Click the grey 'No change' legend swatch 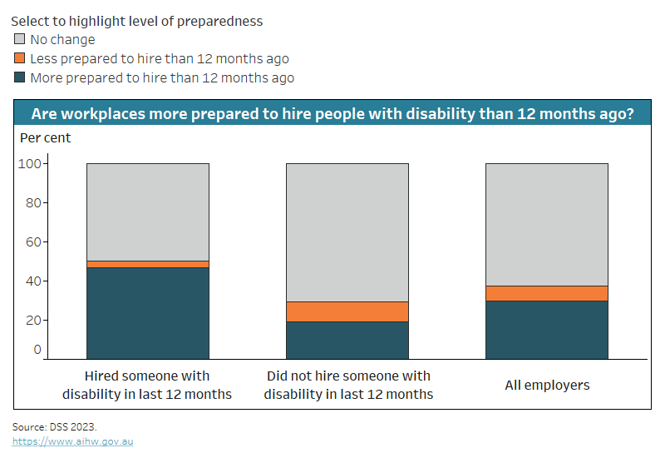point(20,39)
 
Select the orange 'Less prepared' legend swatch point(20,58)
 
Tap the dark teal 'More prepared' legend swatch point(20,77)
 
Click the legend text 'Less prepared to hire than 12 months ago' point(160,58)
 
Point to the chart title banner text point(332,113)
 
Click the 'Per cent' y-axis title point(45,137)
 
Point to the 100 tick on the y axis point(30,163)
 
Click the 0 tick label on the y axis point(37,349)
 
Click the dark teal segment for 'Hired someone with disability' point(147,312)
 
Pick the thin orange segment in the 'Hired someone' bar point(147,264)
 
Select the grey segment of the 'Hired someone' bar point(147,212)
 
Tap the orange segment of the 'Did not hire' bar point(347,311)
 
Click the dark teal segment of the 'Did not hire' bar point(347,340)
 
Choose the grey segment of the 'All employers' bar point(546,224)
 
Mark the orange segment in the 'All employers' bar point(546,293)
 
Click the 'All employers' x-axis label point(547,385)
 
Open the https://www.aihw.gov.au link point(72,441)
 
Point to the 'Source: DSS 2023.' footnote point(54,426)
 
